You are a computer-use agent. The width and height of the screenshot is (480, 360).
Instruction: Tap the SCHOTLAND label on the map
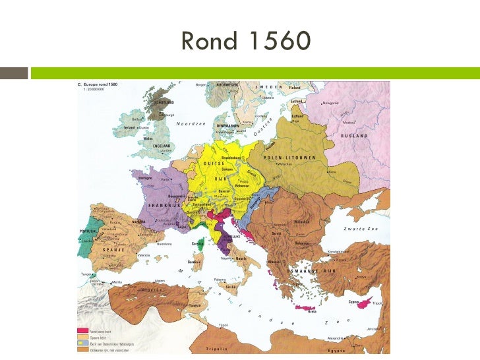click(164, 103)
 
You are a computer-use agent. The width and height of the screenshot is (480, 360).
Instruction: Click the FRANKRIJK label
click(165, 205)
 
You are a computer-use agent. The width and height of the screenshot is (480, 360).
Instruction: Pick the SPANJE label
click(113, 251)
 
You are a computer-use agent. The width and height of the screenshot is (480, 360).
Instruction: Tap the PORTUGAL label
click(89, 231)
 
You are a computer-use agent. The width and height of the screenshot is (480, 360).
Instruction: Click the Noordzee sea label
click(191, 124)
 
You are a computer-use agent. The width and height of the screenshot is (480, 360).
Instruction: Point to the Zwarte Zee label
click(359, 228)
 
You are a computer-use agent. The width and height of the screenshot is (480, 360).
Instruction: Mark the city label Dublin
click(144, 127)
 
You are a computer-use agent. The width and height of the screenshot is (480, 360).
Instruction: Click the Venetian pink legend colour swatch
click(83, 330)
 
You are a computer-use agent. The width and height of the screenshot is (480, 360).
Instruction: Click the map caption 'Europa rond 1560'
click(100, 85)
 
